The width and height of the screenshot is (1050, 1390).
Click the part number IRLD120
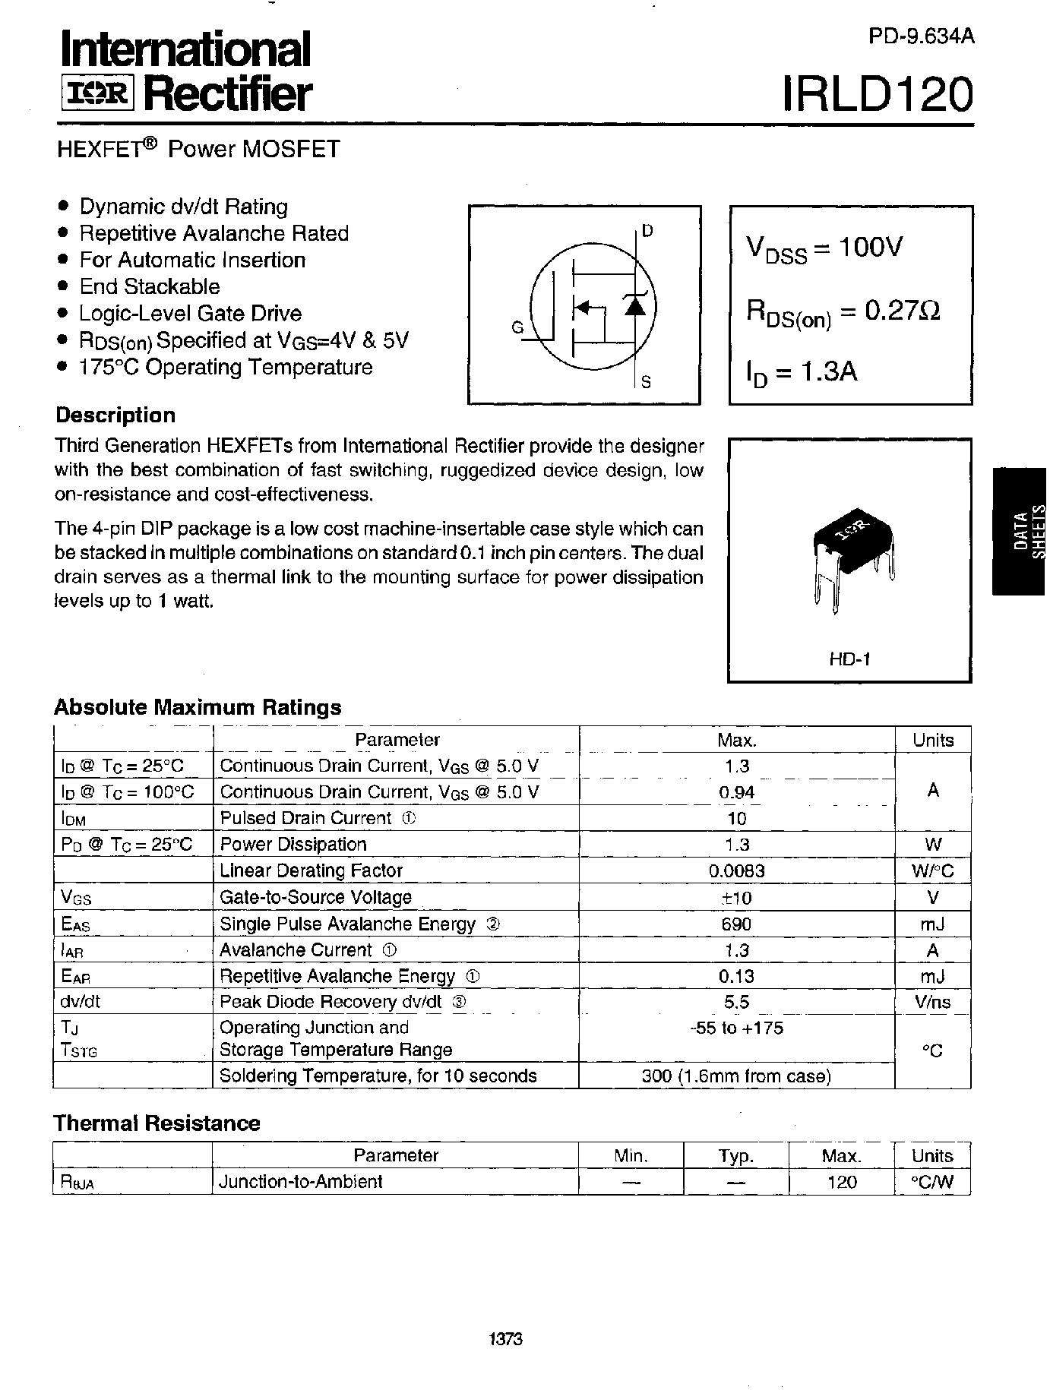click(x=877, y=94)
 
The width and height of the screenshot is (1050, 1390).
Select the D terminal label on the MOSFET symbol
click(x=647, y=231)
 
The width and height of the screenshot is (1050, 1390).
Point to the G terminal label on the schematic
click(x=517, y=327)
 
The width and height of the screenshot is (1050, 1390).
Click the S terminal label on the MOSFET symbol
click(x=646, y=382)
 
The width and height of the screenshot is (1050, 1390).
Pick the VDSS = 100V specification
click(x=824, y=248)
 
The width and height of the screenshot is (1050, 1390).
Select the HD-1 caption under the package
click(x=849, y=659)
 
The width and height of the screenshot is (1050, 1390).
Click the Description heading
click(x=115, y=415)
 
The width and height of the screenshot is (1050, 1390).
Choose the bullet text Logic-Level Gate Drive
click(x=190, y=313)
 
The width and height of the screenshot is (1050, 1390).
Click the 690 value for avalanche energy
click(x=736, y=924)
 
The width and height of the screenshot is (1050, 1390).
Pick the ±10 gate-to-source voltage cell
click(x=736, y=898)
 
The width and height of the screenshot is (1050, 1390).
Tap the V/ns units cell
click(x=933, y=1002)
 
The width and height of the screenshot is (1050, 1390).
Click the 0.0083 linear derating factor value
click(x=736, y=871)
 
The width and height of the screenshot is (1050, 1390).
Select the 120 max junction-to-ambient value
click(x=841, y=1182)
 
